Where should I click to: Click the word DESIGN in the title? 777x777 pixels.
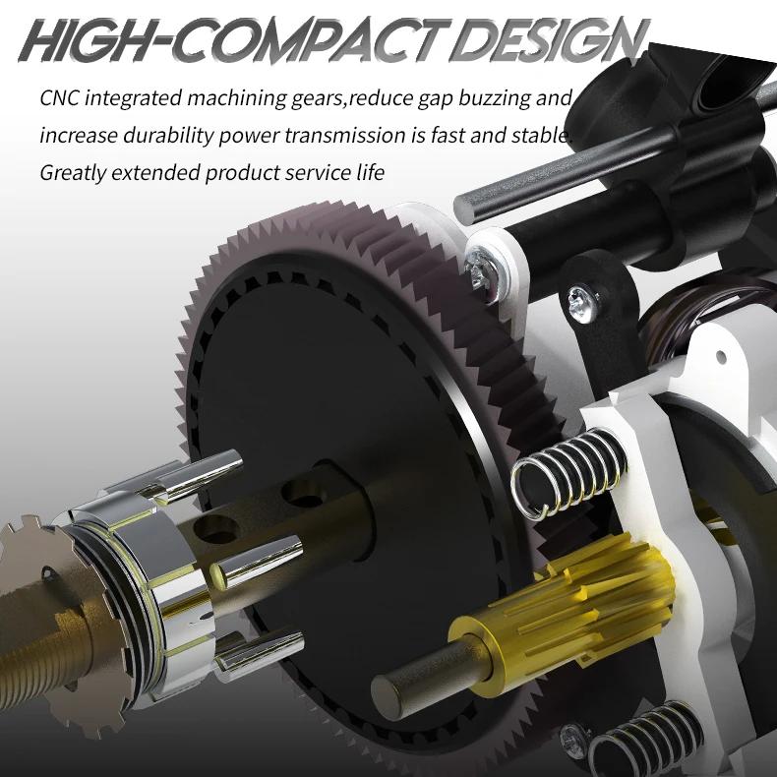[551, 40]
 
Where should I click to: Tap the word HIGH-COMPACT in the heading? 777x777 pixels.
[233, 40]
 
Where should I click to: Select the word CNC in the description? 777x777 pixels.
[59, 98]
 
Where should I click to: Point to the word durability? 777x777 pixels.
[168, 137]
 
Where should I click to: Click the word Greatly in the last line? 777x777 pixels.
[73, 174]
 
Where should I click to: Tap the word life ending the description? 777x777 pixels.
[370, 172]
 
